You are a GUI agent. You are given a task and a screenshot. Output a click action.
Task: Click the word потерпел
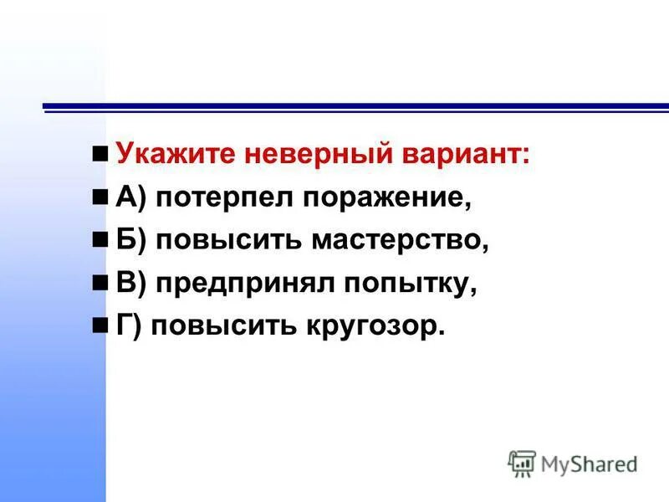coord(222,198)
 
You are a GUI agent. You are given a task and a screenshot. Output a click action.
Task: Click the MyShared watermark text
coord(590,463)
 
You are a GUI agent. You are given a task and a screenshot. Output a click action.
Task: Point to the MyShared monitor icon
coord(522,463)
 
